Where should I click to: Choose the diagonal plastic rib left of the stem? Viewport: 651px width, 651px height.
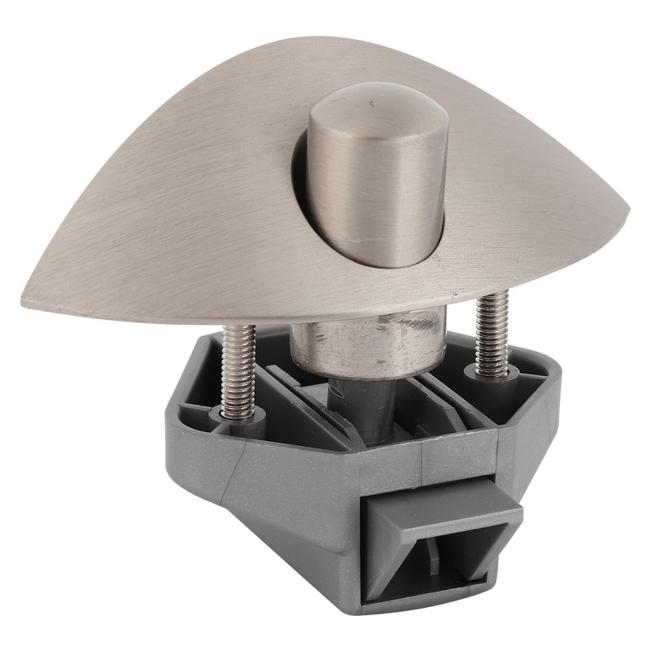pos(301,407)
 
